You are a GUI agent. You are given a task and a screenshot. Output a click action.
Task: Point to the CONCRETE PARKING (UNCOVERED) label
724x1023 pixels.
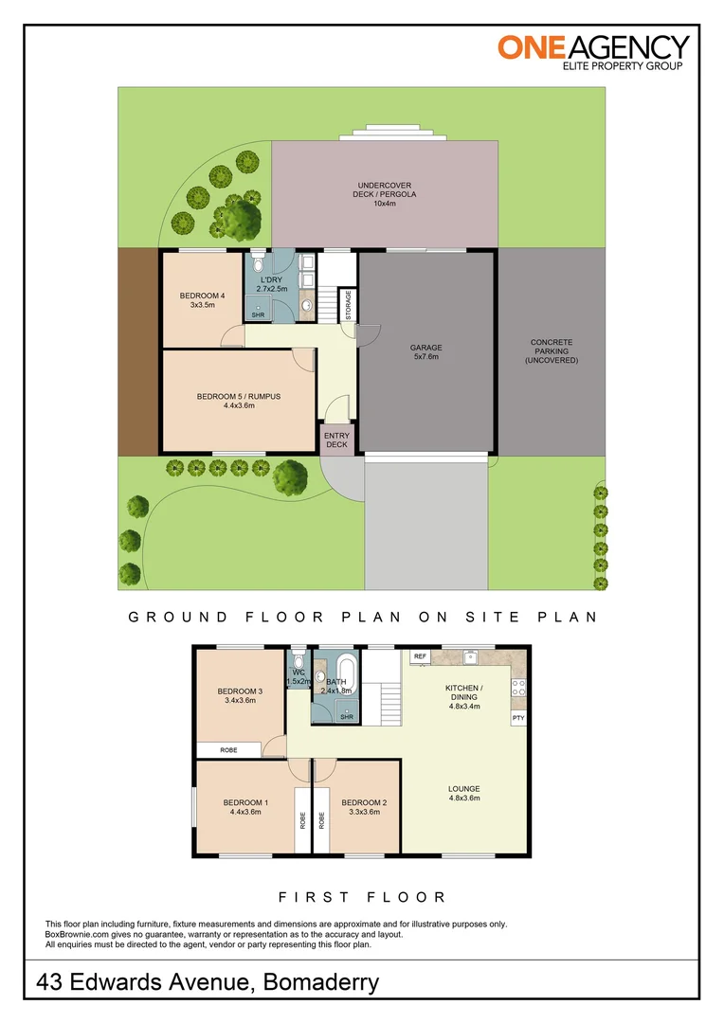(552, 351)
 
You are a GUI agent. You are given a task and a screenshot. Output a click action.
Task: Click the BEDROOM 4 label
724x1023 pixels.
(203, 301)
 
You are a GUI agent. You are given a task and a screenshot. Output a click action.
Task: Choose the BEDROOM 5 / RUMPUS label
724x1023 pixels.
(239, 401)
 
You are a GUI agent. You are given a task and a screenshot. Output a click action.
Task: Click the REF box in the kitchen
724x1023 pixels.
(420, 655)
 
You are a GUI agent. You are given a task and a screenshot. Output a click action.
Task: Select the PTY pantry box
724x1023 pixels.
(518, 718)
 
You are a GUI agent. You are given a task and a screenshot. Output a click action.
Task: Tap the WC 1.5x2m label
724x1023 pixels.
(299, 677)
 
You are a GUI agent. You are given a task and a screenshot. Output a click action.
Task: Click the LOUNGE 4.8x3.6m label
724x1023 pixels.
(463, 793)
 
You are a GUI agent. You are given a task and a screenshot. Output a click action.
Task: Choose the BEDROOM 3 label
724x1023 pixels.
(240, 695)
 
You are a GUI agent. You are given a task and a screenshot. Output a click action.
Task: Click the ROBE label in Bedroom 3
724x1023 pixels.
(228, 749)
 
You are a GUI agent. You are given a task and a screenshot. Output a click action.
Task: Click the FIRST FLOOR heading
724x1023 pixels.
(362, 896)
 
